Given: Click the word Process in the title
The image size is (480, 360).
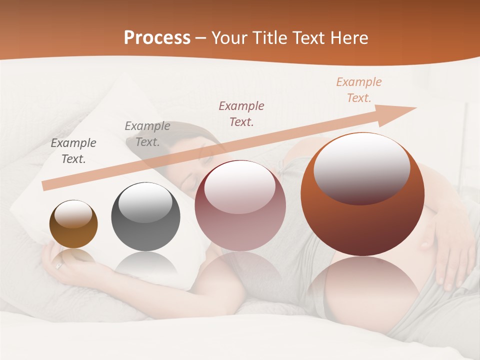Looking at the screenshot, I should tap(157, 38).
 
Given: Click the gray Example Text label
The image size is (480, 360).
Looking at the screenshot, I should tap(147, 134).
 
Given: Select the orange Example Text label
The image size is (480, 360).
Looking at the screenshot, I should tap(358, 90).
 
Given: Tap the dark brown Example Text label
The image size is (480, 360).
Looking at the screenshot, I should tap(73, 151).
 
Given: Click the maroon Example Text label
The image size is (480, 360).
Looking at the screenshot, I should tap(241, 113).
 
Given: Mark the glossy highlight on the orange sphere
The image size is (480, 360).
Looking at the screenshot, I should tap(361, 168).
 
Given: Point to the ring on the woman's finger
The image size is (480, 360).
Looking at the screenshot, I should tap(59, 266).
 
